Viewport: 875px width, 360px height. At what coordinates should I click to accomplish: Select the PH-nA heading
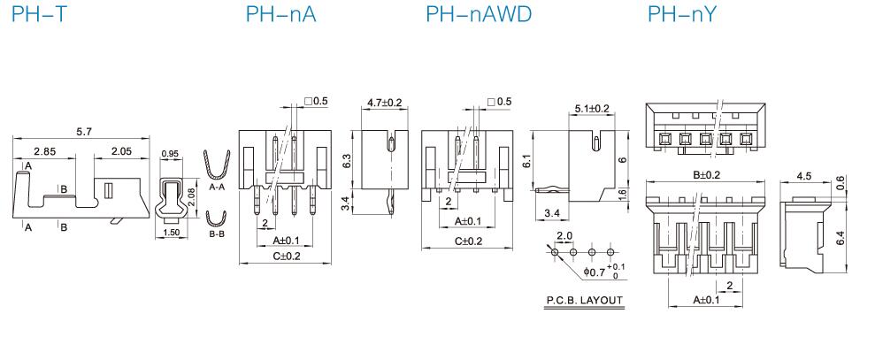(274, 14)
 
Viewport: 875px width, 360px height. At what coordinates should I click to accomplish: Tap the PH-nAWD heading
(479, 14)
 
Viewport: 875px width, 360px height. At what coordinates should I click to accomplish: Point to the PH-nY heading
(681, 14)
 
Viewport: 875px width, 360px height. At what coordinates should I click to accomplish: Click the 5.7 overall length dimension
(84, 132)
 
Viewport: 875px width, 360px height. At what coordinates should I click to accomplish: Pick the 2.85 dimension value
(44, 152)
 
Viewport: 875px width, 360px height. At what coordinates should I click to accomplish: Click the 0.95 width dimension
(171, 155)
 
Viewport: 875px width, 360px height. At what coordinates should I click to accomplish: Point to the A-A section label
(217, 188)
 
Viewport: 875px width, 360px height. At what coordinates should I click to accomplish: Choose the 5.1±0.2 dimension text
(592, 109)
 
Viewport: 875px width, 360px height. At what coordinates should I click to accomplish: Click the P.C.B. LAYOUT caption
(585, 301)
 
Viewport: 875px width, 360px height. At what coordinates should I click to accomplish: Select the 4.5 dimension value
(804, 176)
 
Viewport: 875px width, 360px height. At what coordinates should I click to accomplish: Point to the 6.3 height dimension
(348, 160)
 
